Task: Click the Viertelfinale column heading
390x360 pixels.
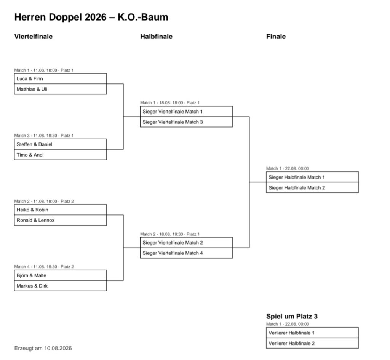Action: (x=34, y=37)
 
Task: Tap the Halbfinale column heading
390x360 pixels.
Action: (x=156, y=37)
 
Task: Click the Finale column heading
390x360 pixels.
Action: (x=276, y=37)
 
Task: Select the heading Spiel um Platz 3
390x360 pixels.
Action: (x=292, y=317)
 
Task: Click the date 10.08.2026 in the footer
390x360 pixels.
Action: (x=58, y=348)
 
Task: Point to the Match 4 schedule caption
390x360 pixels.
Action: (x=44, y=267)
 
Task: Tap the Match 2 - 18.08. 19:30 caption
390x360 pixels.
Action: (x=170, y=234)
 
